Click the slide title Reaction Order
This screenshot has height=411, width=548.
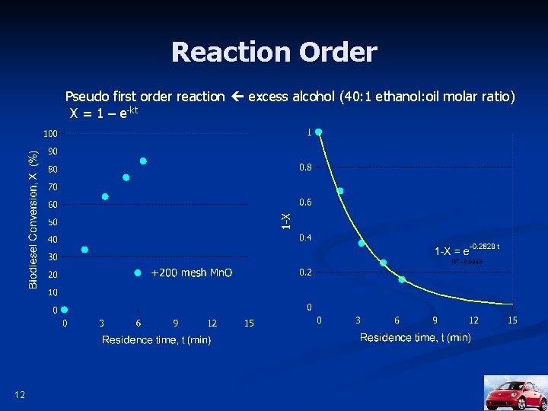click(274, 53)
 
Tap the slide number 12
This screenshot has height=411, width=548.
click(19, 393)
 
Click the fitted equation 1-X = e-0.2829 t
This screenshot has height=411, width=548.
click(466, 250)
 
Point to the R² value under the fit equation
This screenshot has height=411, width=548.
click(467, 262)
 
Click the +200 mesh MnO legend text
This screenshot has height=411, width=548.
click(191, 272)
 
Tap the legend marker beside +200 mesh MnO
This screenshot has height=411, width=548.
click(138, 272)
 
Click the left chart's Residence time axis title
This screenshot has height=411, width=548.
click(157, 339)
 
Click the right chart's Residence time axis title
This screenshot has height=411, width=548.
click(415, 337)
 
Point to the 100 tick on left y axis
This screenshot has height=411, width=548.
click(50, 133)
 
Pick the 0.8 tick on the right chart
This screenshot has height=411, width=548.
click(304, 167)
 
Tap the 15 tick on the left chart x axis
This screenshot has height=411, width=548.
click(249, 323)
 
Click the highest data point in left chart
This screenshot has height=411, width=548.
click(142, 161)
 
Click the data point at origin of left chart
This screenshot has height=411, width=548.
click(65, 310)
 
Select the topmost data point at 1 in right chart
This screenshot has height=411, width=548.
click(319, 132)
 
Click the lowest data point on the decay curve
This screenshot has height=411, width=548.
click(402, 279)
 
